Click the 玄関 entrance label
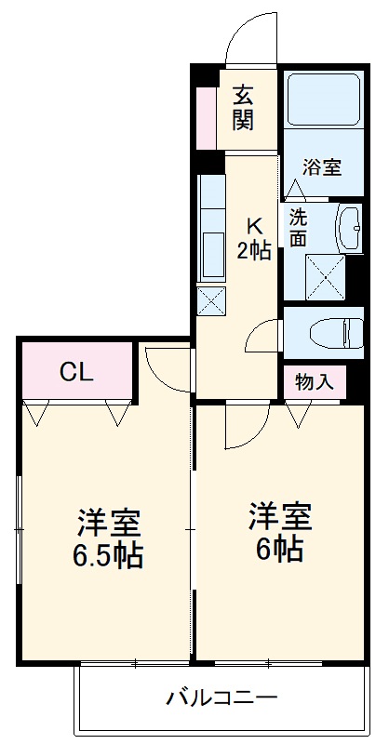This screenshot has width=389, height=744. click(x=244, y=107)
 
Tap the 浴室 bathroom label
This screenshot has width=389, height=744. click(x=322, y=167)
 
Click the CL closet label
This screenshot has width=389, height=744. click(x=76, y=372)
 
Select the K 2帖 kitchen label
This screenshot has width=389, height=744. click(x=253, y=239)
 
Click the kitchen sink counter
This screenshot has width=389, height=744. click(x=211, y=227)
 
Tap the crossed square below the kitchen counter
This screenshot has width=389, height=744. click(x=211, y=300)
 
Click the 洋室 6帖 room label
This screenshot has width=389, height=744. click(x=279, y=532)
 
